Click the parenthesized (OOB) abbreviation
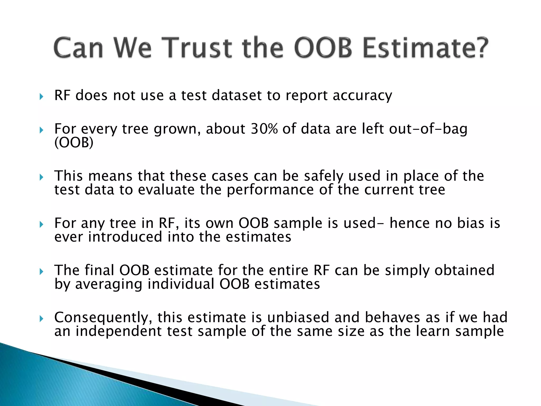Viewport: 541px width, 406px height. tap(74, 143)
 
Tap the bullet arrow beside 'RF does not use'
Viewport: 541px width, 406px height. tap(41, 97)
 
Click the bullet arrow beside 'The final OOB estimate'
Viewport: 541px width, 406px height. tap(41, 271)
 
